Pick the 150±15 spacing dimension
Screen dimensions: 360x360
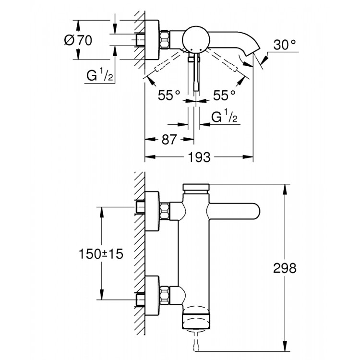coord(101,254)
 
